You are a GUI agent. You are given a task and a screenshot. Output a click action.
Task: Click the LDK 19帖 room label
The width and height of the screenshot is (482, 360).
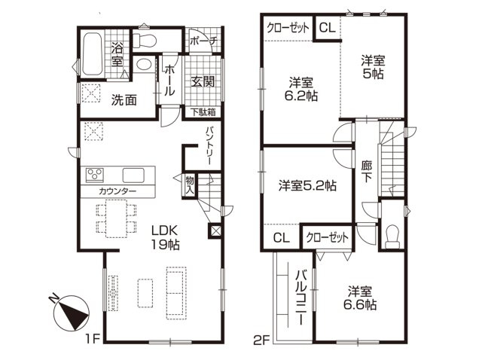click(x=165, y=237)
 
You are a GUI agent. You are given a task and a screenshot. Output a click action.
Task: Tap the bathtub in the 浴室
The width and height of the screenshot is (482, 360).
click(x=93, y=53)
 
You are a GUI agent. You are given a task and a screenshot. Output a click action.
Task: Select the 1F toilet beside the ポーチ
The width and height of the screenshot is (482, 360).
click(x=145, y=41)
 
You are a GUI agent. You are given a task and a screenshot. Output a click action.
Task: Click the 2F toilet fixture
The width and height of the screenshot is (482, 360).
click(x=392, y=236)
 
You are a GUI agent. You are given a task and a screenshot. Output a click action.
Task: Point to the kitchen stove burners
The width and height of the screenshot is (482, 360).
click(x=95, y=175)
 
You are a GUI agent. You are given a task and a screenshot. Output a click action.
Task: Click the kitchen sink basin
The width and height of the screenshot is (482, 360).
click(x=133, y=175)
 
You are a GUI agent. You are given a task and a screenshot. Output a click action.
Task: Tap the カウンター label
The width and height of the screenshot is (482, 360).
click(x=117, y=191)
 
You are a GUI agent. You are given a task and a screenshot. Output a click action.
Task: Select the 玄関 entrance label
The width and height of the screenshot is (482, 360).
click(x=203, y=81)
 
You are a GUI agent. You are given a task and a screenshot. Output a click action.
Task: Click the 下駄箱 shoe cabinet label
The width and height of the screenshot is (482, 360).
click(x=203, y=112)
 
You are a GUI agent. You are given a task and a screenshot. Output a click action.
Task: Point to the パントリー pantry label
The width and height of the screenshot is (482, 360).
click(x=209, y=145)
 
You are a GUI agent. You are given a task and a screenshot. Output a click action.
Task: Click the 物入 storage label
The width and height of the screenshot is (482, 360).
click(x=190, y=185)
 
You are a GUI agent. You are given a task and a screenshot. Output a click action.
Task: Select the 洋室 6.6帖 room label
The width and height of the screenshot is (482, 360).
click(x=360, y=298)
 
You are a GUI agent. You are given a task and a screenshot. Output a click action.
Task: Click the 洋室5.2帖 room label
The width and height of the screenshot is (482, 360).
click(x=307, y=186)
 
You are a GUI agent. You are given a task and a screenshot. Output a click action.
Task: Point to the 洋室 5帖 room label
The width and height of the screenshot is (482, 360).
click(x=373, y=67)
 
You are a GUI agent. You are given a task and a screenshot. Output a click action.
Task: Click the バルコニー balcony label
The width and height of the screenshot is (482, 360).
click(x=301, y=297)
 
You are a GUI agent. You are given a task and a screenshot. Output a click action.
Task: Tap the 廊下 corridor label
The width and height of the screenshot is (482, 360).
click(x=367, y=172)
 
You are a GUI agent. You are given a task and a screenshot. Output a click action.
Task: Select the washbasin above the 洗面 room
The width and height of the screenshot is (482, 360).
click(x=144, y=64)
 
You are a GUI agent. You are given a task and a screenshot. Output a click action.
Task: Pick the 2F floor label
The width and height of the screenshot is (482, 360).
click(x=262, y=340)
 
